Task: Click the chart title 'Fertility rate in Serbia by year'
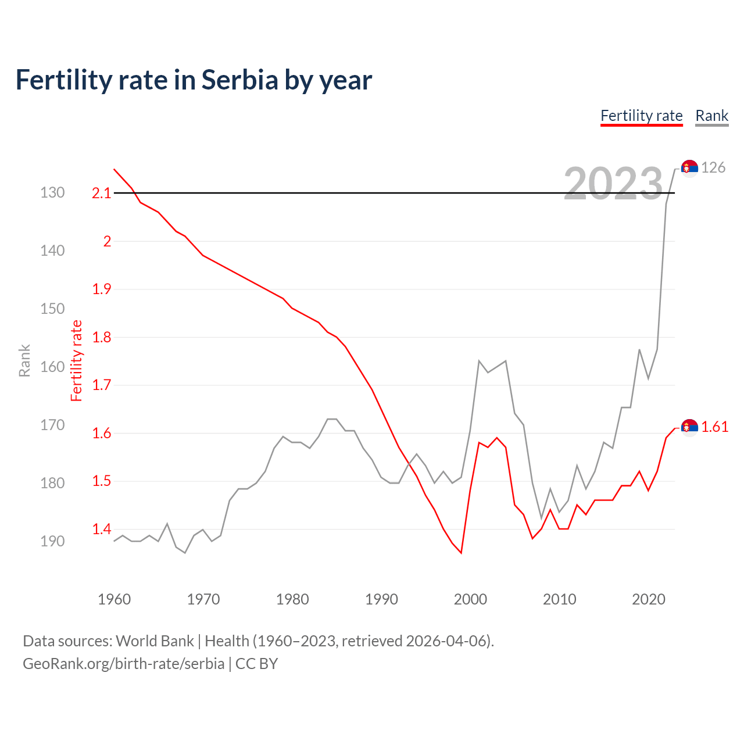pyautogui.click(x=194, y=80)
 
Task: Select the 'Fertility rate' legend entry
pyautogui.click(x=641, y=116)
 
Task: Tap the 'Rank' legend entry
pyautogui.click(x=711, y=116)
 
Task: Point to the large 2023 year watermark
pyautogui.click(x=613, y=184)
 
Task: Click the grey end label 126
pyautogui.click(x=713, y=167)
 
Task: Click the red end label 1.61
pyautogui.click(x=714, y=427)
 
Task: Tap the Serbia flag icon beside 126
pyautogui.click(x=689, y=167)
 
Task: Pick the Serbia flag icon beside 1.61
pyautogui.click(x=689, y=427)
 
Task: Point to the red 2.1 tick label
pyautogui.click(x=101, y=193)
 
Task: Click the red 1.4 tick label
pyautogui.click(x=101, y=529)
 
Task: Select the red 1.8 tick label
pyautogui.click(x=101, y=337)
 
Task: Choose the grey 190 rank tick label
pyautogui.click(x=52, y=541)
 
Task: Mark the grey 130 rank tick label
pyautogui.click(x=52, y=192)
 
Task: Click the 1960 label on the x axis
pyautogui.click(x=114, y=599)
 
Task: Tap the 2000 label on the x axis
pyautogui.click(x=470, y=599)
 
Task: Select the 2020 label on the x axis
pyautogui.click(x=648, y=599)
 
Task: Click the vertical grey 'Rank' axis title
pyautogui.click(x=24, y=360)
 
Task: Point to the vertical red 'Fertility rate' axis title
pyautogui.click(x=77, y=360)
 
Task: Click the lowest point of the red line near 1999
pyautogui.click(x=461, y=553)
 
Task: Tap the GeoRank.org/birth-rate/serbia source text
pyautogui.click(x=123, y=663)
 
